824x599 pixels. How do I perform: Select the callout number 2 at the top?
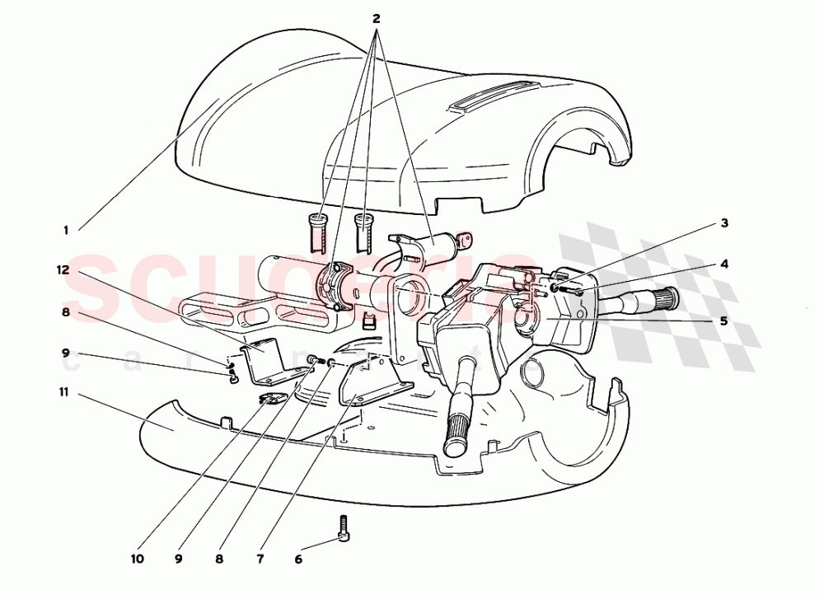377,18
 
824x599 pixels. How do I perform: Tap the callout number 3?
723,222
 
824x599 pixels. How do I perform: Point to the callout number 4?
723,264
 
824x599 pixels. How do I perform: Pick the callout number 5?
723,321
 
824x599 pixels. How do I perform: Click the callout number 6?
298,559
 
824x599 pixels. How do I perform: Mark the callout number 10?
137,559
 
